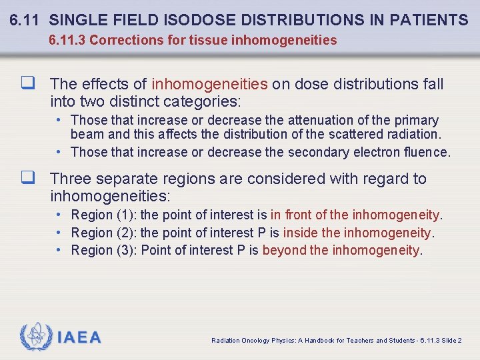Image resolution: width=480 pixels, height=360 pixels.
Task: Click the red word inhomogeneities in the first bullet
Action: pos(209,84)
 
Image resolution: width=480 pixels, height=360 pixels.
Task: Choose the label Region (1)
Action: pos(103,215)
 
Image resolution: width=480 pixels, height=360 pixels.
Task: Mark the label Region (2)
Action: pos(103,233)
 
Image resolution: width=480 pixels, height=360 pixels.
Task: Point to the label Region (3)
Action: pos(103,250)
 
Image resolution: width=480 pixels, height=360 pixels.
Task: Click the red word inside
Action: pos(301,233)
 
